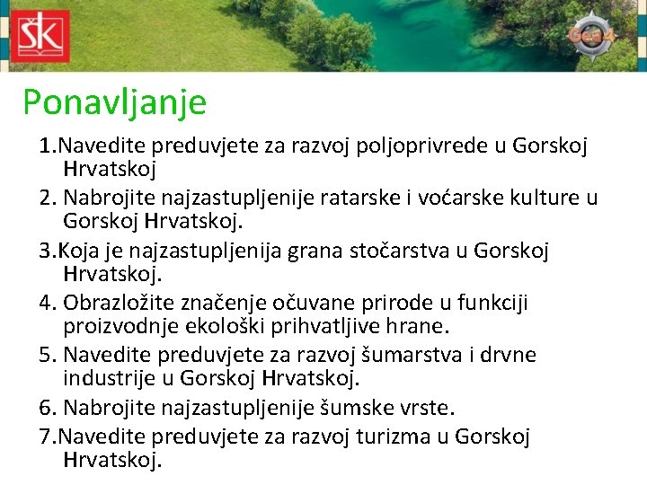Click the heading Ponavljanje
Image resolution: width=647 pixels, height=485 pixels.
[x=114, y=102]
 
